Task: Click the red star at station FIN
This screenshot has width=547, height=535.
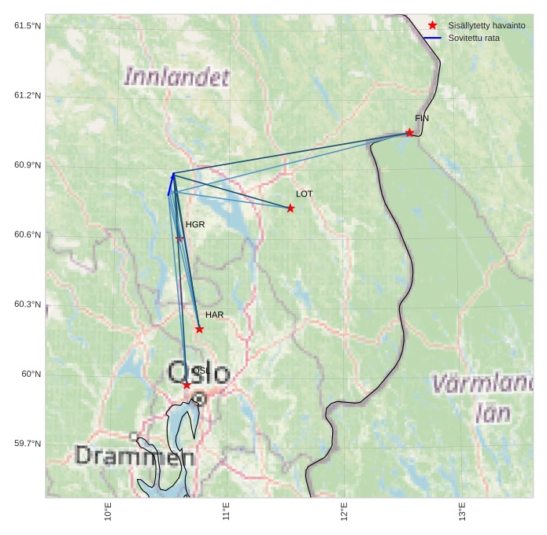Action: click(x=409, y=133)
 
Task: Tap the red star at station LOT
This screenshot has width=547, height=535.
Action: click(x=290, y=208)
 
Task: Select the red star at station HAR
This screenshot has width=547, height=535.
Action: click(x=199, y=330)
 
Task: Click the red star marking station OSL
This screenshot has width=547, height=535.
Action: click(x=187, y=386)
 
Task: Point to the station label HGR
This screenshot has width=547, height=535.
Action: click(x=195, y=225)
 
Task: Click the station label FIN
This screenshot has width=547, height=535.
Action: click(x=422, y=119)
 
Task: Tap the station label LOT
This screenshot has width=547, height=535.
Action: click(x=305, y=194)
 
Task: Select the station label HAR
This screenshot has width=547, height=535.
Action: click(x=215, y=315)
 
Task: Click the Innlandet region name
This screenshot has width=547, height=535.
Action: click(x=177, y=77)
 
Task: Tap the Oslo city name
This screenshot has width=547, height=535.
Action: click(x=198, y=373)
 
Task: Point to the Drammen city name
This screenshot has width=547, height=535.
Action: click(x=135, y=456)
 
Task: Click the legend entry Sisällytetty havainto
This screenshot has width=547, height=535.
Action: click(x=486, y=26)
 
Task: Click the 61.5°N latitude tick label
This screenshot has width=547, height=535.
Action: click(x=28, y=26)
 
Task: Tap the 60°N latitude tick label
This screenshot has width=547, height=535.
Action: click(x=31, y=374)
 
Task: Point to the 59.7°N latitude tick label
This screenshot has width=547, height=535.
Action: click(x=28, y=444)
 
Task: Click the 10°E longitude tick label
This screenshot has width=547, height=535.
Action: click(x=108, y=512)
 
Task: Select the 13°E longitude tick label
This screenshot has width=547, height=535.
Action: click(x=462, y=512)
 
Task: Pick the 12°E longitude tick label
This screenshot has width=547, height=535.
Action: click(x=344, y=512)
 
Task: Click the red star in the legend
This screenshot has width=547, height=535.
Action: click(x=432, y=25)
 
